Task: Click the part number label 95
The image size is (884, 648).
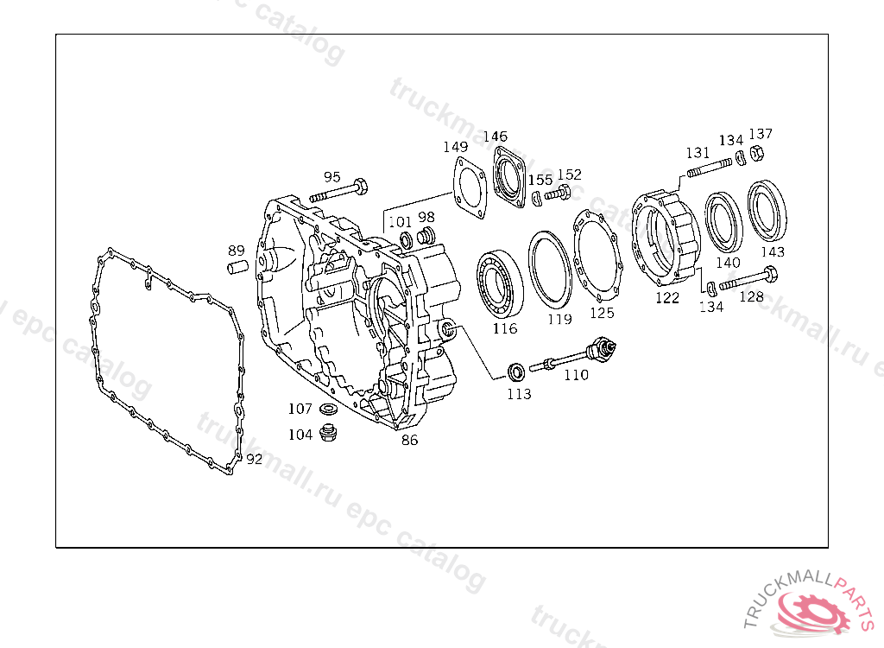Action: [332, 177]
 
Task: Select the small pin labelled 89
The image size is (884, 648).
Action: [237, 267]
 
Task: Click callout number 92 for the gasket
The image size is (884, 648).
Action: [254, 459]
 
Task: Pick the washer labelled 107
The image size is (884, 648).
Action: [328, 408]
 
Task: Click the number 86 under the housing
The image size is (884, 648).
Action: [410, 440]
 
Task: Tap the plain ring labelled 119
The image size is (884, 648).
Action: [549, 269]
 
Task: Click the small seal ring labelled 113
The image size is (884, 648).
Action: [516, 372]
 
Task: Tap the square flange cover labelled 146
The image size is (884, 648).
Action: [509, 179]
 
